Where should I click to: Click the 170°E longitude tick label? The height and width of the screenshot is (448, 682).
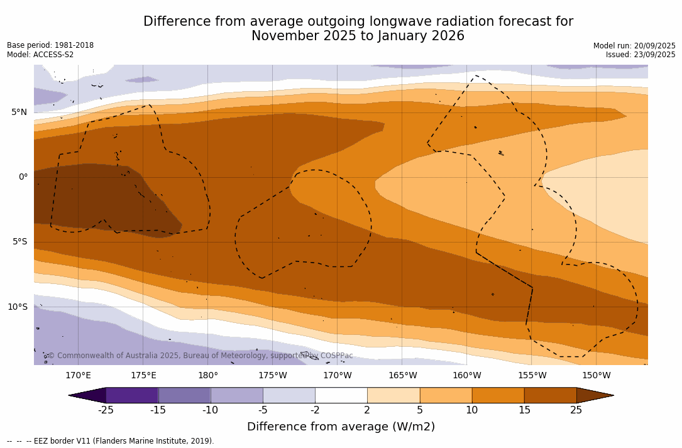click(x=78, y=376)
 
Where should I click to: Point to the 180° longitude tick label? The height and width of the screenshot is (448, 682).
click(x=208, y=376)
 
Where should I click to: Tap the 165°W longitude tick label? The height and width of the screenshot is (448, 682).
click(x=402, y=376)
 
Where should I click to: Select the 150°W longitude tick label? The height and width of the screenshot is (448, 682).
click(x=596, y=376)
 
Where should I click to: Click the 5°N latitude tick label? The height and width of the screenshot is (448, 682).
click(x=19, y=112)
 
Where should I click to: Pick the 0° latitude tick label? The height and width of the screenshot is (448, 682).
click(x=23, y=177)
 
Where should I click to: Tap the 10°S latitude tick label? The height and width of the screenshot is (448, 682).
click(x=17, y=307)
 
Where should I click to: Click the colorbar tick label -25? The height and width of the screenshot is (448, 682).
click(x=106, y=410)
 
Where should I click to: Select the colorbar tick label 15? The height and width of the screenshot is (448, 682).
click(x=524, y=410)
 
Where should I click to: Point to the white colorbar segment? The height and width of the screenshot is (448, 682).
click(x=341, y=395)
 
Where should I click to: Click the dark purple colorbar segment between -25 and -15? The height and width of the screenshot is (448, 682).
click(x=132, y=395)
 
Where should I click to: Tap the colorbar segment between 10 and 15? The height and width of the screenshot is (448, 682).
click(x=498, y=395)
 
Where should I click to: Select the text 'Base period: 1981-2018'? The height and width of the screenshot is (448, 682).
click(x=50, y=45)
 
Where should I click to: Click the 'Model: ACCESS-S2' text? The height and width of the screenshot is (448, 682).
click(x=40, y=55)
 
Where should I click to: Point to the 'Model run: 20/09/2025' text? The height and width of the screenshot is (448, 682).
click(x=634, y=46)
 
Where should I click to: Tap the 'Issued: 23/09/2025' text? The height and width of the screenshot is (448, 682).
click(x=641, y=55)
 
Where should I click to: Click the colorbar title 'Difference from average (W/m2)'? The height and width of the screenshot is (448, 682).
click(x=341, y=427)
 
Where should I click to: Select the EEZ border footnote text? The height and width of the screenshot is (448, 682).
click(x=111, y=441)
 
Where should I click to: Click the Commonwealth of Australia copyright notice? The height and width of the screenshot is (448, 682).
click(x=200, y=356)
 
